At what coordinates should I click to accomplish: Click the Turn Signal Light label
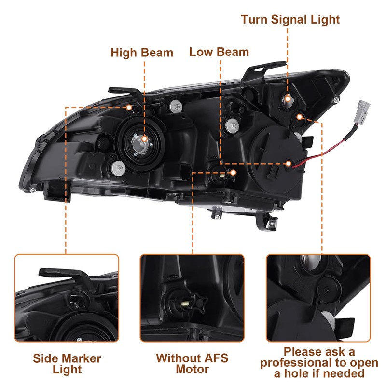[290, 20]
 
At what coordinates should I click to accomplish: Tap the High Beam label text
[142, 53]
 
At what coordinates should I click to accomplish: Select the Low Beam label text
[219, 52]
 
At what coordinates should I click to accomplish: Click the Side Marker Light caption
[67, 364]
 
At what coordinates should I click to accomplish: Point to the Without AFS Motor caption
[192, 364]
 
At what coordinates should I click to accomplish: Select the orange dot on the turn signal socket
[287, 99]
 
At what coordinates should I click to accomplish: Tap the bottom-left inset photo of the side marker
[67, 298]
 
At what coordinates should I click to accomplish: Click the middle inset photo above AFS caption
[192, 298]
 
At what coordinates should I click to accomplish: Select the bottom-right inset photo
[319, 298]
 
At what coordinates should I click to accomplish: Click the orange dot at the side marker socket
[129, 107]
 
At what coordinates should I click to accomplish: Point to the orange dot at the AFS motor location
[234, 172]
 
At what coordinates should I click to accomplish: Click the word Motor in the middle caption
[192, 370]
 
